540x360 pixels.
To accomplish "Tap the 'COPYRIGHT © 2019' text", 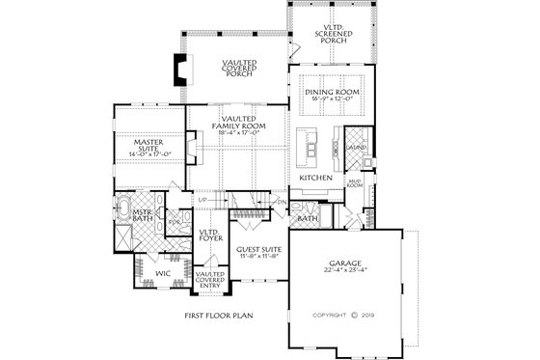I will pos(343,315).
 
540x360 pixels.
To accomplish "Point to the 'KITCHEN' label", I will pos(315,179).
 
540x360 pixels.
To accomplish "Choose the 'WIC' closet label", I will pos(163,273).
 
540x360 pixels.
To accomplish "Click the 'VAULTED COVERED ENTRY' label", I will pos(210,280).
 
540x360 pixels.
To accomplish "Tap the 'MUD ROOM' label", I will pos(355,182).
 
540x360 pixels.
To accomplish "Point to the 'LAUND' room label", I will pos(356,147).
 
